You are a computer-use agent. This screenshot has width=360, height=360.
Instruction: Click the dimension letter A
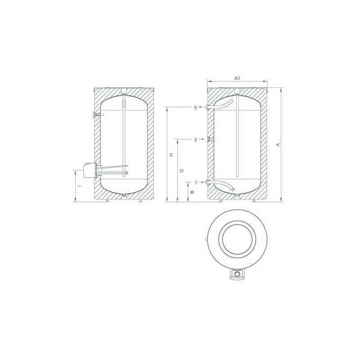click(x=278, y=144)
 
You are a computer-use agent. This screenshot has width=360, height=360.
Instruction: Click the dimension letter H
click(x=171, y=155)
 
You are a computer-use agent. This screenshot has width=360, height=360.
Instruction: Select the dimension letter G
click(x=181, y=171)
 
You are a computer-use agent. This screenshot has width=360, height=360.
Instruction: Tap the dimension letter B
click(x=193, y=192)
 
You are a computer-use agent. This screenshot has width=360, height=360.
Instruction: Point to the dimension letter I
click(x=80, y=186)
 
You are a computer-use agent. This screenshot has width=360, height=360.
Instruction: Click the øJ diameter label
click(x=237, y=78)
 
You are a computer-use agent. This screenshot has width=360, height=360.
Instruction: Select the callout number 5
click(x=196, y=108)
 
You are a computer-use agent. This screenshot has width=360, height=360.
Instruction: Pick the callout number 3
click(x=196, y=139)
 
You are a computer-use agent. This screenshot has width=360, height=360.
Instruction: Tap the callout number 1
click(x=196, y=183)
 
